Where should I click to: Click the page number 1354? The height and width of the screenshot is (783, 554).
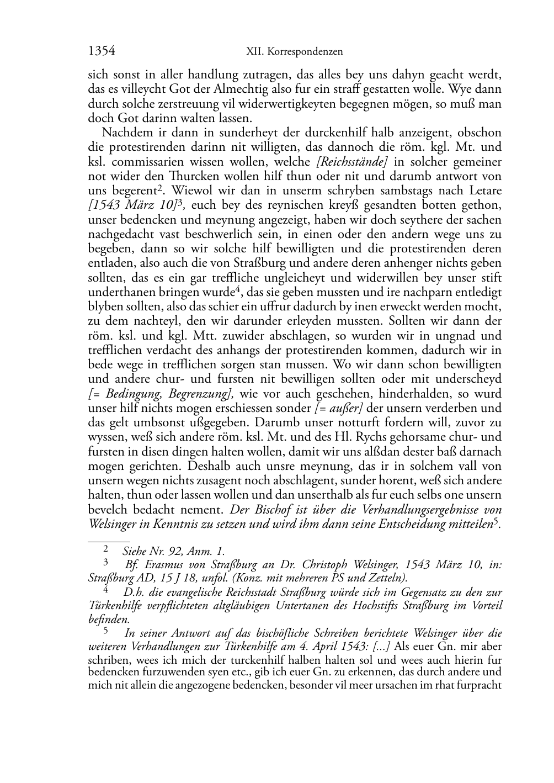point(102,51)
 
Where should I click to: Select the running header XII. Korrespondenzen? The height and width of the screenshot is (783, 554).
point(294,52)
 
